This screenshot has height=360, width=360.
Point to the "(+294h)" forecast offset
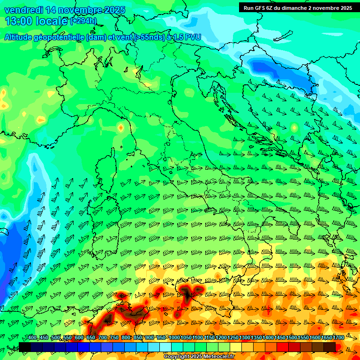tap(83, 21)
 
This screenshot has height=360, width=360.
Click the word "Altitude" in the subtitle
tap(22, 37)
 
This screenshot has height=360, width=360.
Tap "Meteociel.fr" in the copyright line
tap(216, 357)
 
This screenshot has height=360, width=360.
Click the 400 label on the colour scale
tap(32, 338)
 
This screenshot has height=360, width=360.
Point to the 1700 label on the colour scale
tap(338, 338)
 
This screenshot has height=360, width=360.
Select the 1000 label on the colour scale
tap(174, 338)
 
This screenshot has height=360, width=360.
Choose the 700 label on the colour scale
tap(103, 338)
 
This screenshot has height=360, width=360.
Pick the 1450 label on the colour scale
tap(280, 338)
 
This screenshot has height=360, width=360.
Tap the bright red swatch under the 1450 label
tap(283, 347)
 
